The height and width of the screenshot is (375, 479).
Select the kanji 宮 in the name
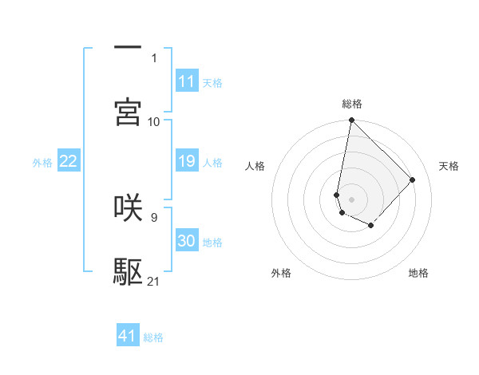coord(128,112)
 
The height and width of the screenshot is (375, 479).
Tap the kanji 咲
coord(128,207)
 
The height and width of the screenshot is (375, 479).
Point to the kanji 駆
coord(128,272)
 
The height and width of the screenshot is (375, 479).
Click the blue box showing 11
coord(187,81)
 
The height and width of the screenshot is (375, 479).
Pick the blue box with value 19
coord(187,161)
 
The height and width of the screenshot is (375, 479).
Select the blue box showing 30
coord(187,241)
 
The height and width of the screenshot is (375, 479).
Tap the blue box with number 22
coord(68,161)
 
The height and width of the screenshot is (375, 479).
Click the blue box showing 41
coord(128,336)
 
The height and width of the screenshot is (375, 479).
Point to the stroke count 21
coord(154,281)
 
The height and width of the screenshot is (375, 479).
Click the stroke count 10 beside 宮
coord(154,121)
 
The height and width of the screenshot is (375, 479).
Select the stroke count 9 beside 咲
coord(153,216)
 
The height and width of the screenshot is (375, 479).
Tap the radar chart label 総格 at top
coord(352,104)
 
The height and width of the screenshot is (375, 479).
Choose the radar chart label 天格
coord(449,166)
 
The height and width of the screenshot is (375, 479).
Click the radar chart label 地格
coord(418,273)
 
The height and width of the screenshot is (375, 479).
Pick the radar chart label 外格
coord(281,273)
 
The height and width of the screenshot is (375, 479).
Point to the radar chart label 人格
coord(255,166)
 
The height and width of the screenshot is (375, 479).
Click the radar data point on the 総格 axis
coord(351,120)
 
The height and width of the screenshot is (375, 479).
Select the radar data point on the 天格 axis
coord(412,180)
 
